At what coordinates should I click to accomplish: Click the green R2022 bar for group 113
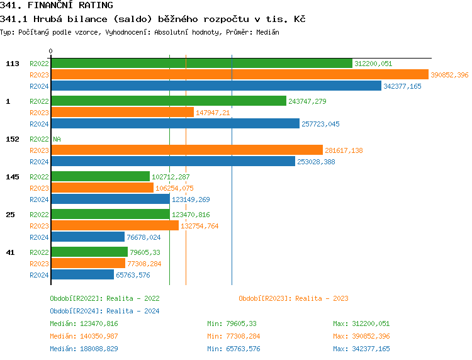[201, 63]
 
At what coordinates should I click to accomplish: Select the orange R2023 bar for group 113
[239, 74]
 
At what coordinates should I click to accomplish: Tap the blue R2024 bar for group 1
[175, 123]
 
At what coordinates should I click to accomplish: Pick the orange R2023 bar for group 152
[186, 150]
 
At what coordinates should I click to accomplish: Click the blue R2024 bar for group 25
[87, 237]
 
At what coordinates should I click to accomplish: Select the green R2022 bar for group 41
[89, 252]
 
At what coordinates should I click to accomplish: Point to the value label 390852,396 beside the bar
[449, 75]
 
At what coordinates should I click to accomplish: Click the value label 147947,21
[213, 113]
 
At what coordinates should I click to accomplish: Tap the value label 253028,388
[316, 162]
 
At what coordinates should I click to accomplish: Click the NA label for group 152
[57, 139]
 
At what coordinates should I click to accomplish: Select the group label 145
[12, 177]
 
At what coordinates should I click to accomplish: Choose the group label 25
[10, 215]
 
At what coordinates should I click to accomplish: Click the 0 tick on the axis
[51, 51]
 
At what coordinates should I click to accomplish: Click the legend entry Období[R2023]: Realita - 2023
[293, 298]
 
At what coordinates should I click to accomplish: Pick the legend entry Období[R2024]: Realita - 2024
[104, 311]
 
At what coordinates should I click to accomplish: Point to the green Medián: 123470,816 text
[84, 323]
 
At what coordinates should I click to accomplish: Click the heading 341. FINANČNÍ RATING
[57, 6]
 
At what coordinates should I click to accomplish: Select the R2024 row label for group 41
[39, 274]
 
